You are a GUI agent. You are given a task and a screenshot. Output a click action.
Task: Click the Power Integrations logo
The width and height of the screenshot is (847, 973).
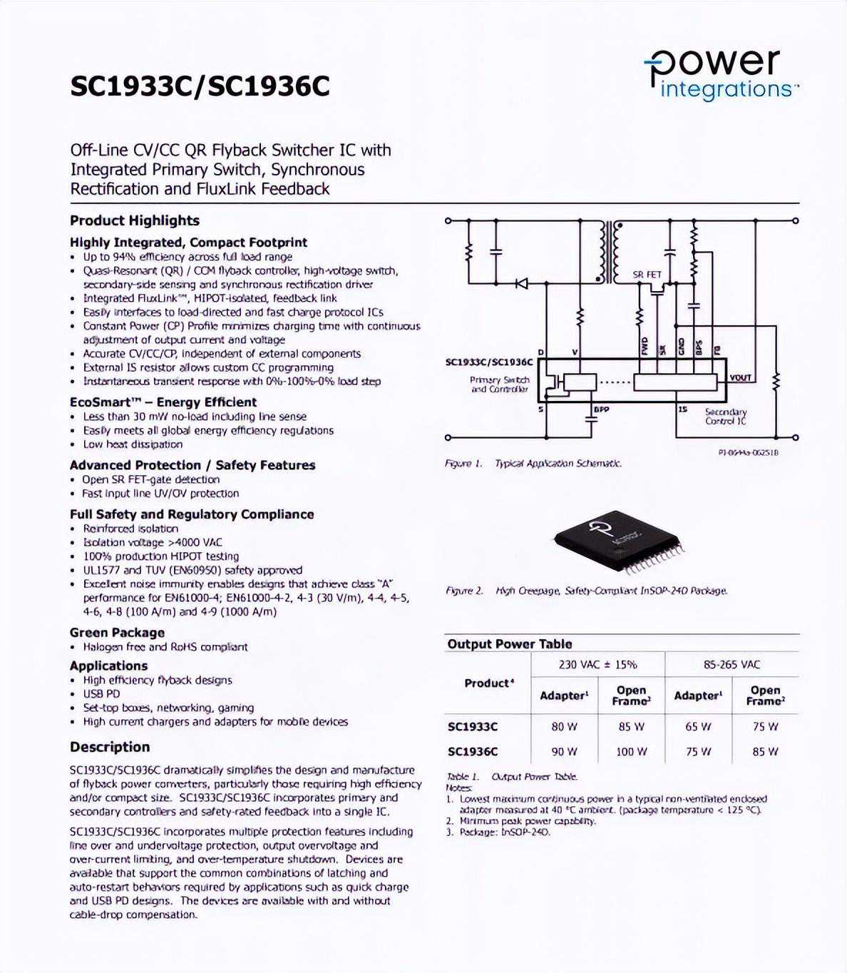pos(721,74)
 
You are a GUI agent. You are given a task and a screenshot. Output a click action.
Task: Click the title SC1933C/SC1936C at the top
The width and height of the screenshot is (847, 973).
pos(200,86)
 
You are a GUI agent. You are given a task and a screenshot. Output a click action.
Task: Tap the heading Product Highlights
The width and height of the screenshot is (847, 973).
pos(134,220)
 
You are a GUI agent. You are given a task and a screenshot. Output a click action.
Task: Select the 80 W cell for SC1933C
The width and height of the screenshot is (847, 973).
pos(563,727)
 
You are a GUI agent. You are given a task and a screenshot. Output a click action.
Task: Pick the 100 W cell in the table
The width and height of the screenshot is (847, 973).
pos(631,751)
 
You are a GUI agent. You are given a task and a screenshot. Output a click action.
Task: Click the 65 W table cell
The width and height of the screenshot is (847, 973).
pos(698,727)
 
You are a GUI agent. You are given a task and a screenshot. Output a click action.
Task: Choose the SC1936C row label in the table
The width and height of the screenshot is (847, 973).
pos(473,751)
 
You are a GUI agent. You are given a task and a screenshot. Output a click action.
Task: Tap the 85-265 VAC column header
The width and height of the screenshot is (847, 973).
pos(731,664)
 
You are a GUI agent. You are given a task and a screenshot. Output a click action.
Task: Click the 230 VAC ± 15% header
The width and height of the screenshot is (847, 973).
pos(597,664)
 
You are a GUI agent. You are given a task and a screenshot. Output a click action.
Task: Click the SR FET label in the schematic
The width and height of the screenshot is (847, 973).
pos(647,274)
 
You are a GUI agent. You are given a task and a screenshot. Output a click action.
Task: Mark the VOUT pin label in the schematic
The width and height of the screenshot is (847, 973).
pos(740,377)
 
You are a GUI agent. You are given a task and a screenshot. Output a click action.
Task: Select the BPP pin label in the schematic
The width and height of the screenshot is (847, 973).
pos(602,409)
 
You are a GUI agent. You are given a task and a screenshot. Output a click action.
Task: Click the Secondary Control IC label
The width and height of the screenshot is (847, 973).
pos(725,417)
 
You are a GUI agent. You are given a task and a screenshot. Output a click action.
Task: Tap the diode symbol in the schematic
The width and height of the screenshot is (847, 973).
pos(521,283)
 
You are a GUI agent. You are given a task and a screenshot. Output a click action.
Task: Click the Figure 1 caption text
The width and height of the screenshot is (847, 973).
pos(533,464)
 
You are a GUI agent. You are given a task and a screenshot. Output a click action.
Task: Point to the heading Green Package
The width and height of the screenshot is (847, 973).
pos(117,632)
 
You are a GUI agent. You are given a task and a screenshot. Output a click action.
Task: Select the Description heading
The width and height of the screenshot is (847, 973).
pos(110,747)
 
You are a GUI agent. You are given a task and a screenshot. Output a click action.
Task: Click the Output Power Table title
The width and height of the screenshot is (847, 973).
pos(509,643)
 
